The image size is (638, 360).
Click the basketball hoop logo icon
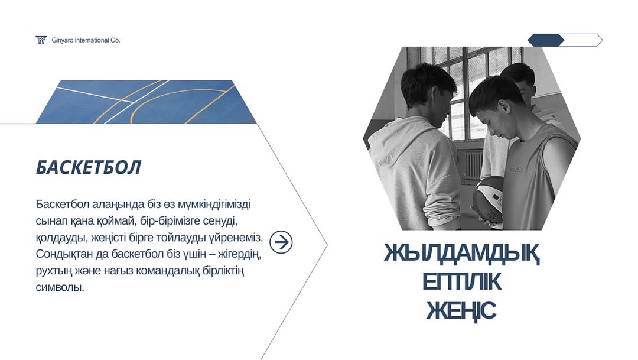tap(41, 40)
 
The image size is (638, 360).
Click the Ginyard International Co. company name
tap(86, 40)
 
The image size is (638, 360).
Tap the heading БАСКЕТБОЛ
tap(88, 167)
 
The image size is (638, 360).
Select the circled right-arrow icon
tap(281, 242)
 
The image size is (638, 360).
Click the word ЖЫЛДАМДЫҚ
tap(462, 254)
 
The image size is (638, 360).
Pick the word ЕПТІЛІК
tap(462, 282)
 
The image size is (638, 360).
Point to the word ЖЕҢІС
tap(461, 310)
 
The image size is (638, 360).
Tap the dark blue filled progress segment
tap(546, 40)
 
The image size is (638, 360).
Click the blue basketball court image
tap(146, 102)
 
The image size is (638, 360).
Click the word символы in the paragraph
tap(60, 287)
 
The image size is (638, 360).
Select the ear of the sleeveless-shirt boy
tap(503, 109)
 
